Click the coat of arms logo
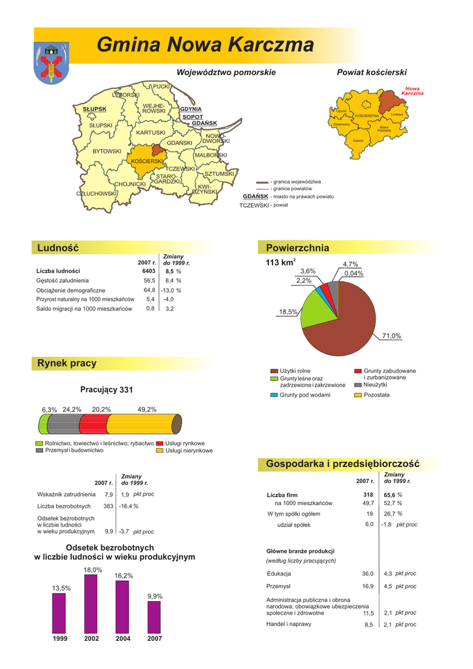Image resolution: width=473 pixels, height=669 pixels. [x=50, y=62]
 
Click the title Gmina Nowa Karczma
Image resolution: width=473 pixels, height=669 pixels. [x=205, y=45]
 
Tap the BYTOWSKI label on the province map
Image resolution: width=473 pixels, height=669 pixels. [x=107, y=152]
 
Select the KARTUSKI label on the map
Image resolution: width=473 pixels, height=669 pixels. [x=151, y=133]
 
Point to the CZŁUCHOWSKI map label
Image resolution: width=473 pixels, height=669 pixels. [x=97, y=193]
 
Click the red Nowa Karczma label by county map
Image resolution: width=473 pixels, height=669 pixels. [x=412, y=91]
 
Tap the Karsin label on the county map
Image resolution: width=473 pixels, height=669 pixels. [x=358, y=140]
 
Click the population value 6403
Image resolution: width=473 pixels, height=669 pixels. [x=149, y=270]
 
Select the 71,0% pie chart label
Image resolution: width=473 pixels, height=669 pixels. [x=391, y=336]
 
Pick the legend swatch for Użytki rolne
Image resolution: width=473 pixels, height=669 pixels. [x=274, y=371]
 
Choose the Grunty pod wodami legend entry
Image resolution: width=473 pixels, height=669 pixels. [x=304, y=395]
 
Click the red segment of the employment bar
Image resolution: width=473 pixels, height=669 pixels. [x=91, y=423]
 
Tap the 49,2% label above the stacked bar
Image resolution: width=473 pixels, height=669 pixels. [x=147, y=410]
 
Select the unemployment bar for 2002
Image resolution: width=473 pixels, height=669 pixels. [x=91, y=604]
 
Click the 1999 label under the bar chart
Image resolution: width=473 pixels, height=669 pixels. [x=60, y=638]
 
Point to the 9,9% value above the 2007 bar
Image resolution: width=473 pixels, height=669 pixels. [x=155, y=596]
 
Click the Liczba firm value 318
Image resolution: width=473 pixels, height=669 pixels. [x=368, y=495]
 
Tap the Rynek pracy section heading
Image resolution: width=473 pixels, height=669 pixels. [x=67, y=363]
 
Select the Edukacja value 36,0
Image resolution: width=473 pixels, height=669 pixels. [x=368, y=573]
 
